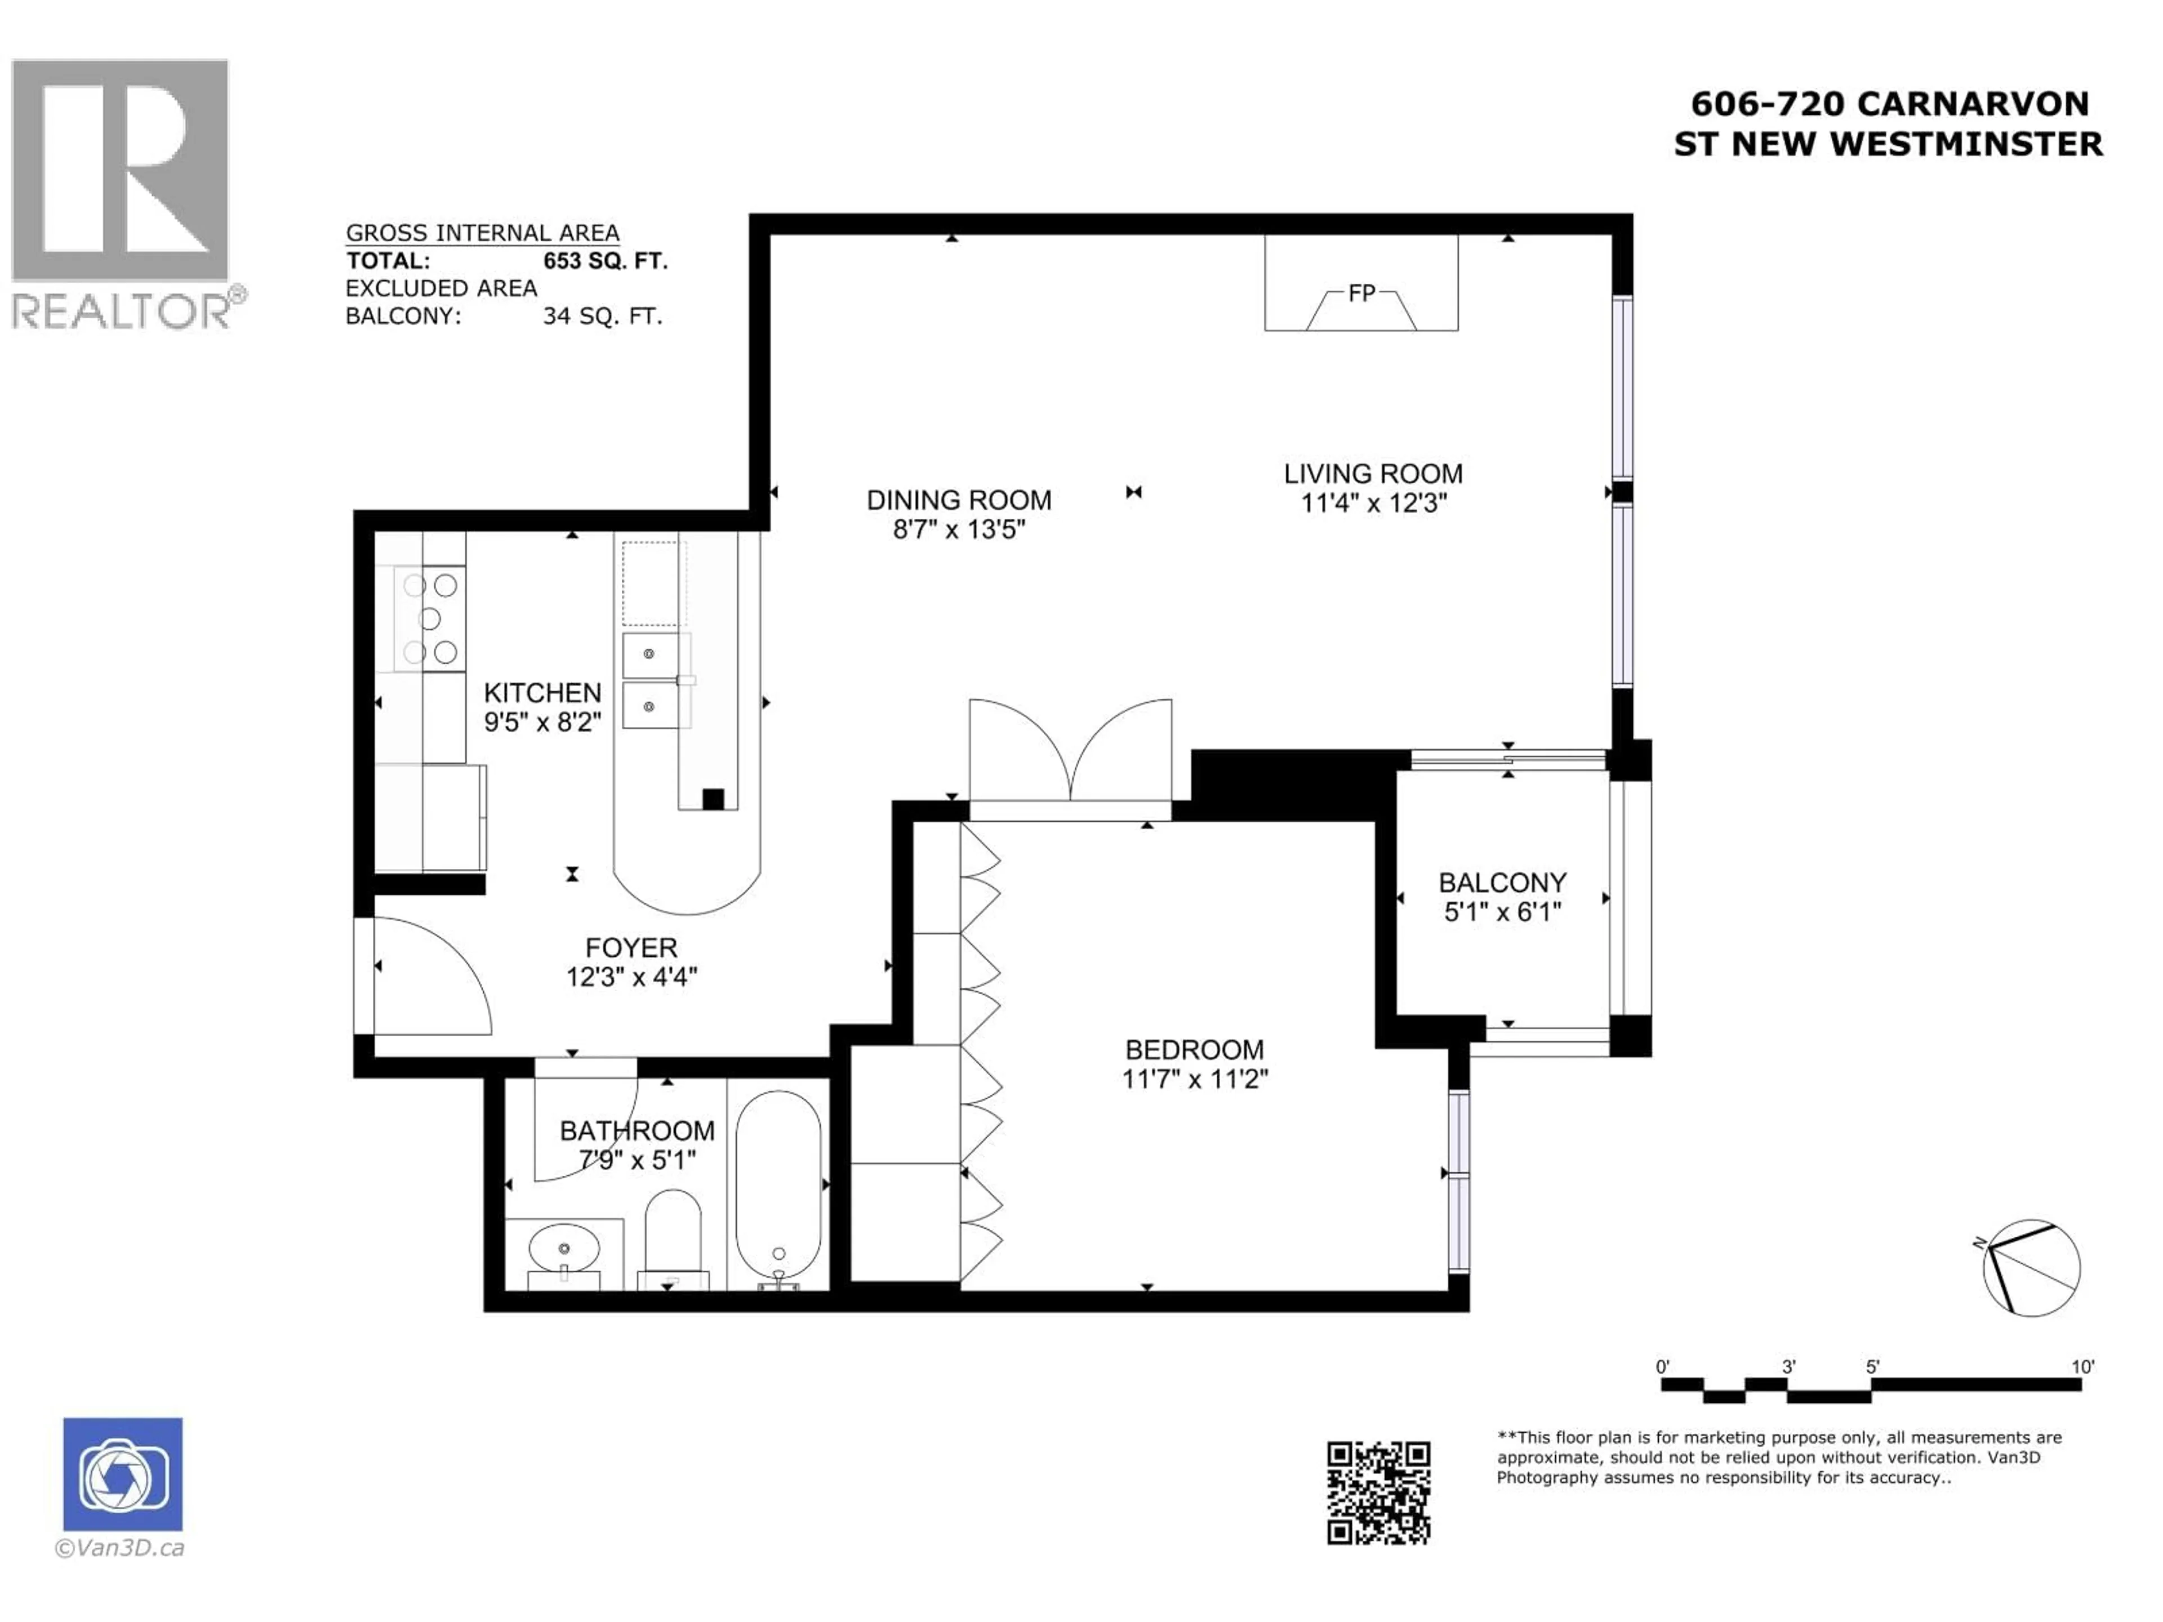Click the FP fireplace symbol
[1361, 293]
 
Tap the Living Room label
[1373, 474]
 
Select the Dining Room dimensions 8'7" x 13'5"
[958, 530]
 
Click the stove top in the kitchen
[430, 618]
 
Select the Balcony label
[1502, 883]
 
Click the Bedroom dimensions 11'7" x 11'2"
[1194, 1080]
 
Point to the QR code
[1378, 1493]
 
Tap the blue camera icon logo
[122, 1474]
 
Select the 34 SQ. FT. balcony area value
[602, 316]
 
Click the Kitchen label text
[542, 693]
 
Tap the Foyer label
[631, 947]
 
